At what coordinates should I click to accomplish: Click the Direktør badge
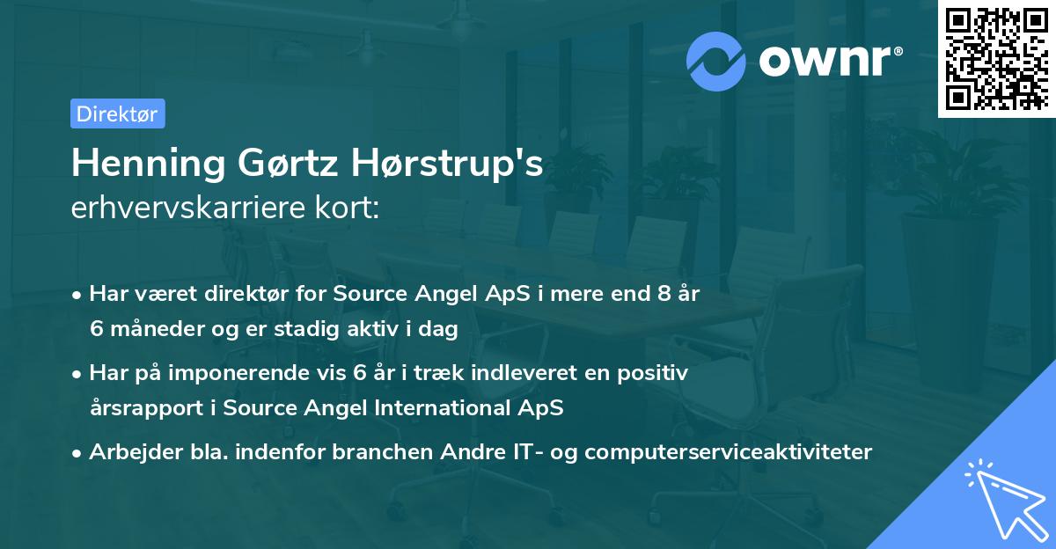pyautogui.click(x=117, y=113)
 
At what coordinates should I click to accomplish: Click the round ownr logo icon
pyautogui.click(x=716, y=61)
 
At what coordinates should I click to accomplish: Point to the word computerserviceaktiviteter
pyautogui.click(x=728, y=452)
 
